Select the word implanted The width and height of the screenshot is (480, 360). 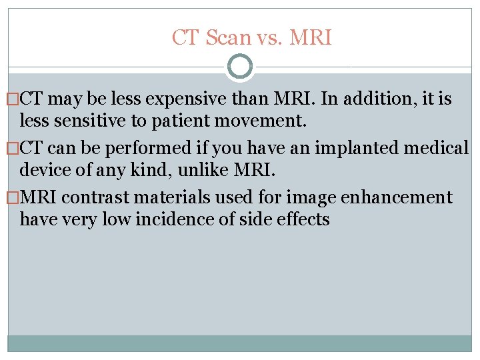coord(351,149)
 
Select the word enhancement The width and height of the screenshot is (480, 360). coord(397,197)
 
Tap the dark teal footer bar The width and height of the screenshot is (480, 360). coord(240,343)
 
